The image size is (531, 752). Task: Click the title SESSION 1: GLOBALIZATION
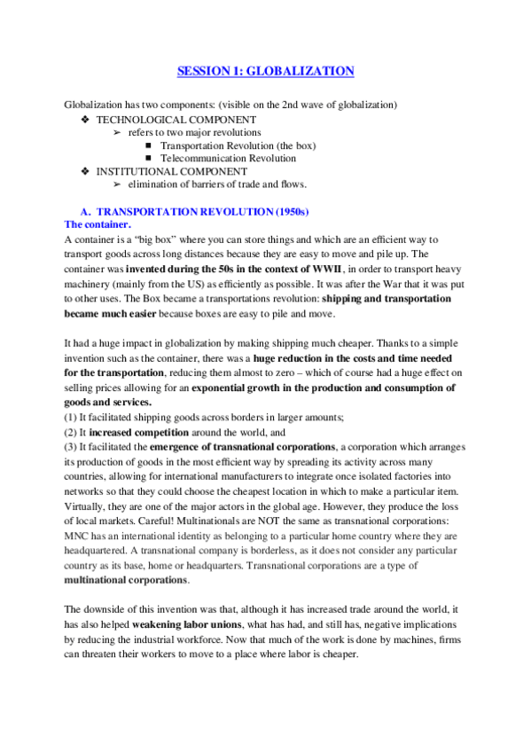pos(265,71)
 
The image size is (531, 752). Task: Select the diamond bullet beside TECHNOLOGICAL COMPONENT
pos(84,120)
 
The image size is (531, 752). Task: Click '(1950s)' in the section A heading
pos(287,212)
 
